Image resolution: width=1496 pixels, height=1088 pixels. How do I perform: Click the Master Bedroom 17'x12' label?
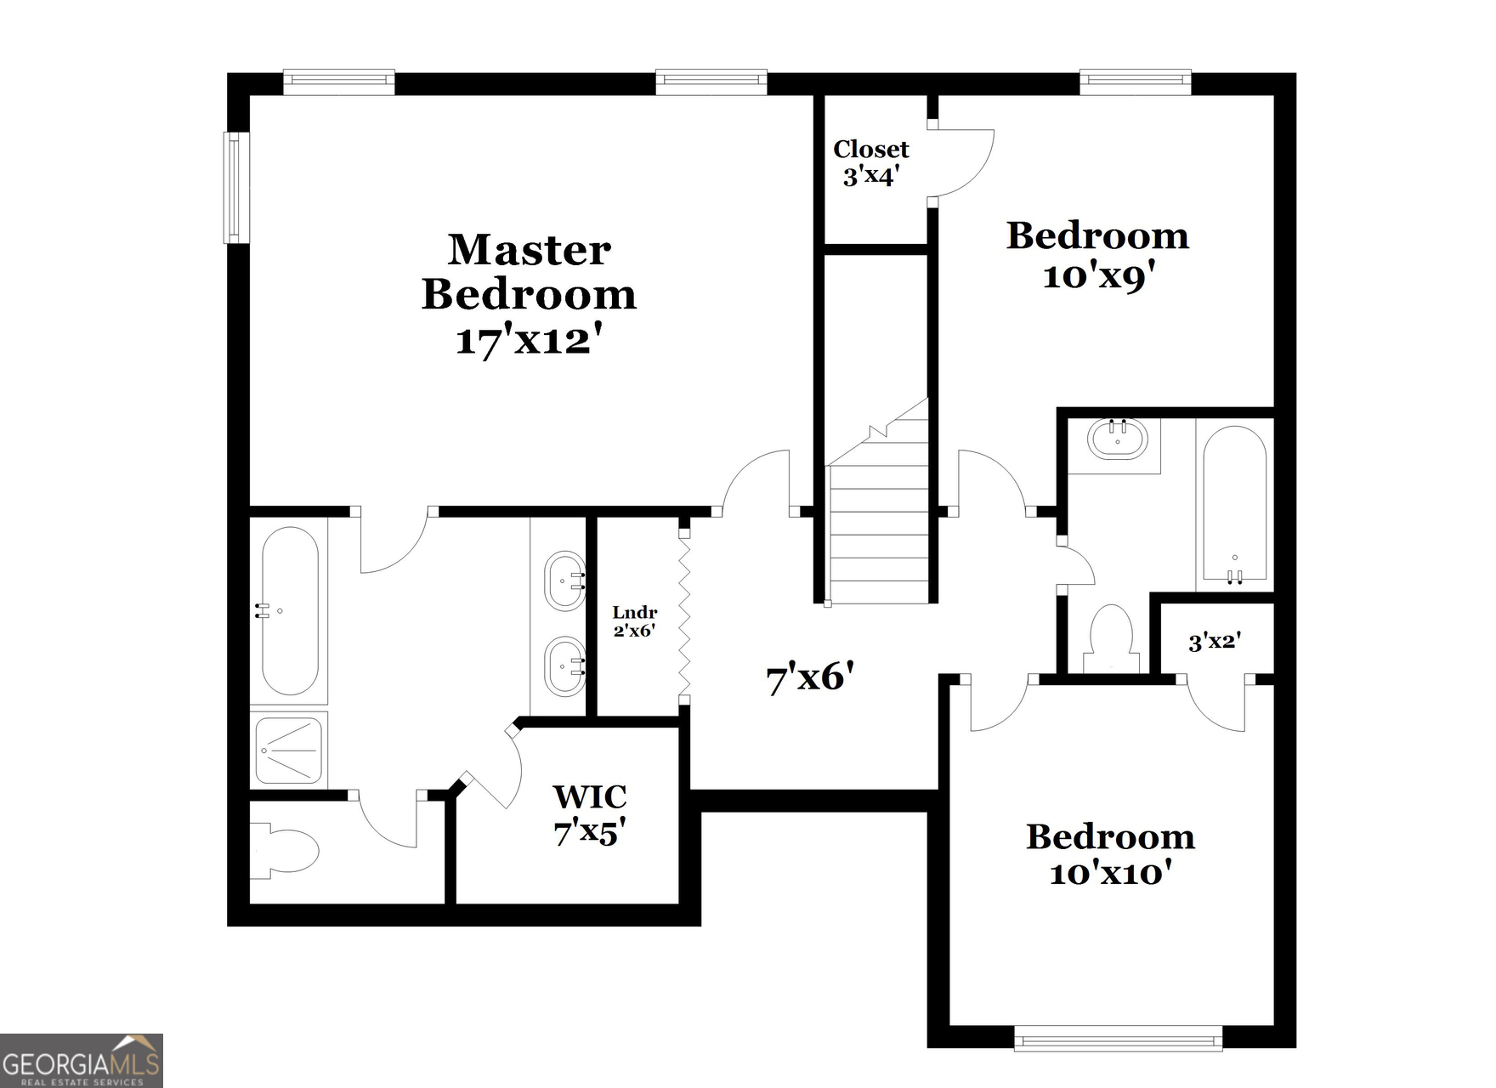point(529,295)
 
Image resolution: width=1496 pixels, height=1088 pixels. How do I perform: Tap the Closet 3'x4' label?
point(870,162)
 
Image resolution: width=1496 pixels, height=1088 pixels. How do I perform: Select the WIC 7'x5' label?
point(590,814)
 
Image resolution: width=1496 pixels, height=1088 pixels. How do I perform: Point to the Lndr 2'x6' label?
point(635,621)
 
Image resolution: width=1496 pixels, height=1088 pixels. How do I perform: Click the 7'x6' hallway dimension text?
point(809,677)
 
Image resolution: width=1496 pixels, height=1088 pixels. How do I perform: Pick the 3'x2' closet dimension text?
point(1215,641)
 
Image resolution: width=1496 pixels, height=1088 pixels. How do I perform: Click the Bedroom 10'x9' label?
point(1097,255)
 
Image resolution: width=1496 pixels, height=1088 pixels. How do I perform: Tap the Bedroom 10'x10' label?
point(1110,854)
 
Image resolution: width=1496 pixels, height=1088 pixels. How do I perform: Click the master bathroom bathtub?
point(289,610)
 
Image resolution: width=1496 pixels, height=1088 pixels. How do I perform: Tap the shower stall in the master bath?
point(289,751)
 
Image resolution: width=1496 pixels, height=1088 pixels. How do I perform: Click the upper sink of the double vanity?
point(564,581)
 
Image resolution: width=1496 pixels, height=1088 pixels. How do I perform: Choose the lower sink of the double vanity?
point(564,666)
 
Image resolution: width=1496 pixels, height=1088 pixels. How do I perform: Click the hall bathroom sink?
point(1117,439)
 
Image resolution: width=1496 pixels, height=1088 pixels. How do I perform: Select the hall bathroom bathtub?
point(1234,503)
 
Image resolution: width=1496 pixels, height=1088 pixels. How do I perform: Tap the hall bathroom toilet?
point(1111,637)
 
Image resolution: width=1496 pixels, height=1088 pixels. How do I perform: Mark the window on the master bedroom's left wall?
point(236,187)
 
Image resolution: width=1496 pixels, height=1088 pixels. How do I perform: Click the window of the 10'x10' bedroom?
point(1118,1038)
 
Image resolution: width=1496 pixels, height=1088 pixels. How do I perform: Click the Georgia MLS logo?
point(82,1061)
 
